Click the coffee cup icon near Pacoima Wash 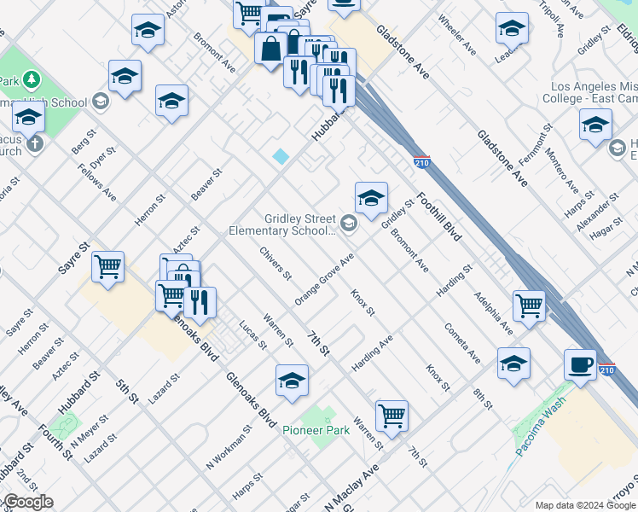(x=580, y=364)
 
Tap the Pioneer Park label (x=316, y=431)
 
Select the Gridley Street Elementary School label (x=299, y=224)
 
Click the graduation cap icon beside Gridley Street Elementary (x=371, y=200)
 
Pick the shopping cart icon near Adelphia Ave (x=530, y=305)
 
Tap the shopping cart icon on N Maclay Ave (x=391, y=416)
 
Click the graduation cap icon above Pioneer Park (x=292, y=381)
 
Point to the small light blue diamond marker (x=281, y=156)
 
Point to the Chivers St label (x=276, y=264)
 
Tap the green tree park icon (x=32, y=80)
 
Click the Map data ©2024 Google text (x=584, y=504)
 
